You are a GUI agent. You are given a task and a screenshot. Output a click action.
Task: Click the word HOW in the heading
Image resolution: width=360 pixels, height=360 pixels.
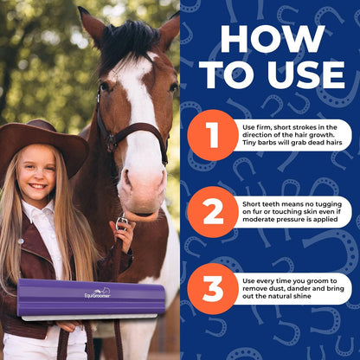pos(273,39)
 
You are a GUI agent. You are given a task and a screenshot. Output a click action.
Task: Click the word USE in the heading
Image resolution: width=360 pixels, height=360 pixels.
pos(306,74)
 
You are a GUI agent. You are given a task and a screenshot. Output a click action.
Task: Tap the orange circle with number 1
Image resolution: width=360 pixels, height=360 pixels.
pos(213,135)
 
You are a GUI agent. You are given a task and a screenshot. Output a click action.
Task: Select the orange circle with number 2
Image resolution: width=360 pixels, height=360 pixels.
pos(213,212)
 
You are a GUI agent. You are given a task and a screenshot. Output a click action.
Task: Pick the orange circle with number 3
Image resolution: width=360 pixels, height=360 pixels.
pos(213,288)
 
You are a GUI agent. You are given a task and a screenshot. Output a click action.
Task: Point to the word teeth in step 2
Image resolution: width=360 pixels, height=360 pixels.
pos(271,204)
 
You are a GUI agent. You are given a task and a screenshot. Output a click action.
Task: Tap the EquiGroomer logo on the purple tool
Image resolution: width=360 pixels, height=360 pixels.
pos(97,293)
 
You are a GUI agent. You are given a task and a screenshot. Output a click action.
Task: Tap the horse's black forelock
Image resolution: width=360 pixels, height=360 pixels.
pos(130,42)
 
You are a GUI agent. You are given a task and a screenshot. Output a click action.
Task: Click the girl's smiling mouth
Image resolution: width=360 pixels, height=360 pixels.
pos(37,186)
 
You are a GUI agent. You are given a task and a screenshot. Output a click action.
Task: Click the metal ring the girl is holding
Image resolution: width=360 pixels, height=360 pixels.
pos(122,222)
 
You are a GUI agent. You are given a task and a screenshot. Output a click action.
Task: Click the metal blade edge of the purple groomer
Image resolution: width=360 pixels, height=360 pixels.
pos(89,318)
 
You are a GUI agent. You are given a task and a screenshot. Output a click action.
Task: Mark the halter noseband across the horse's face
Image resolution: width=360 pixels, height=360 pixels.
pos(138,130)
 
